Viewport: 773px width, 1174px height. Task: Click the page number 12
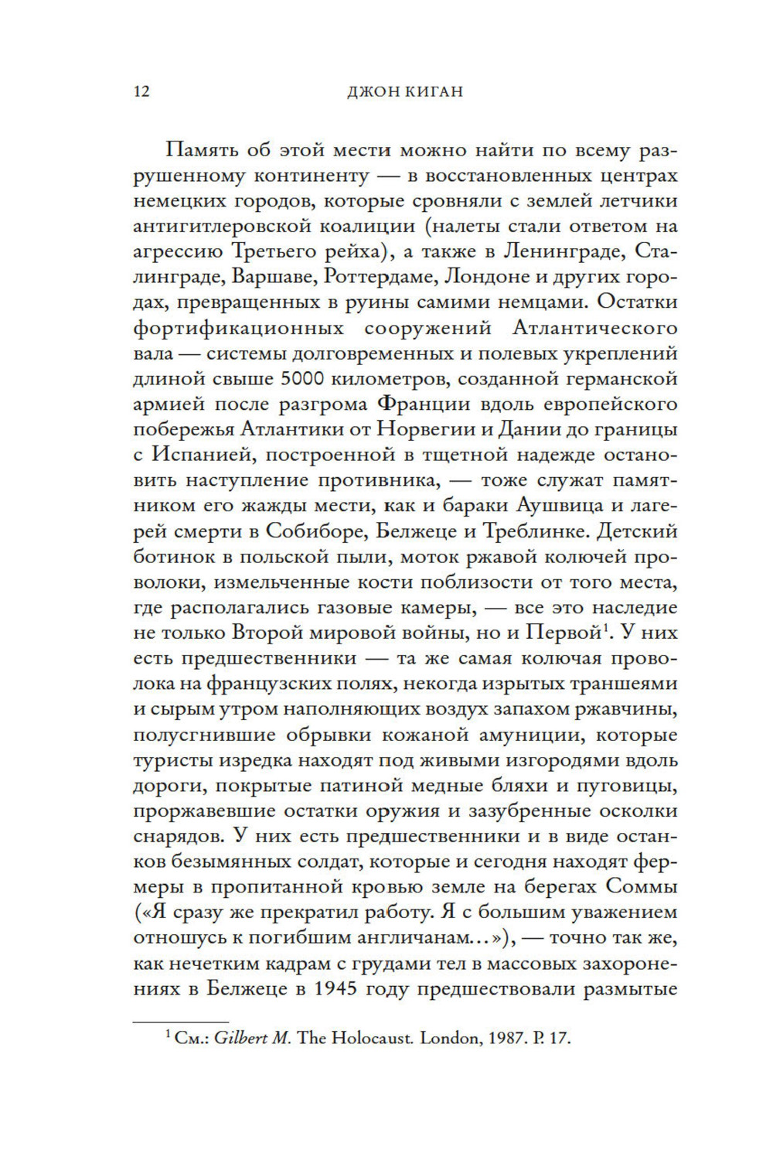click(141, 92)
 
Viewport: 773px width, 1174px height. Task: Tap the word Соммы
click(641, 886)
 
